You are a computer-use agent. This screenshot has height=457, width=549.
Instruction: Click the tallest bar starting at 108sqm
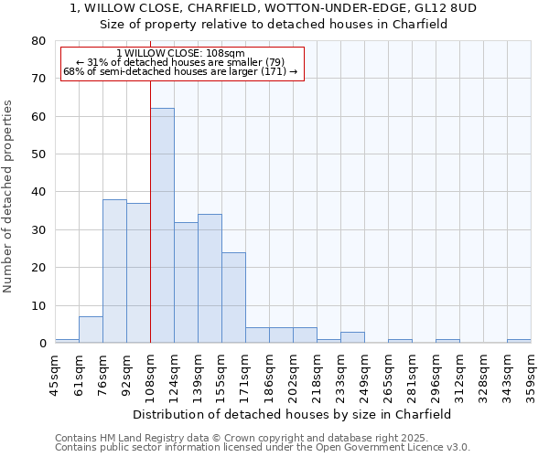click(x=162, y=225)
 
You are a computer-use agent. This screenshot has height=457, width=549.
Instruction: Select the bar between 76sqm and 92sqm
click(x=114, y=271)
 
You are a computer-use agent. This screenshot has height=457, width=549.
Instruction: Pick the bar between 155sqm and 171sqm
click(x=233, y=297)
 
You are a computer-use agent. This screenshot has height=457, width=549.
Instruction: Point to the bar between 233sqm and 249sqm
click(x=352, y=337)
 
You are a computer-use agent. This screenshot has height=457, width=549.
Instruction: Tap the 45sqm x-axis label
click(x=55, y=374)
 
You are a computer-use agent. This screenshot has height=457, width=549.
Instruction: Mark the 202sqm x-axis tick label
click(x=293, y=374)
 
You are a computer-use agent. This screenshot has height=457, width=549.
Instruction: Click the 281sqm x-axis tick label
click(x=412, y=374)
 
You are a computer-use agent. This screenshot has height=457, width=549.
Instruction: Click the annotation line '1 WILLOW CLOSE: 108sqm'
click(x=181, y=54)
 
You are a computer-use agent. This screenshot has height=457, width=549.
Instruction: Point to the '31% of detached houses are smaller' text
click(x=181, y=62)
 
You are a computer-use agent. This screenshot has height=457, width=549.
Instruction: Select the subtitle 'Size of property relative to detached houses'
click(x=274, y=25)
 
